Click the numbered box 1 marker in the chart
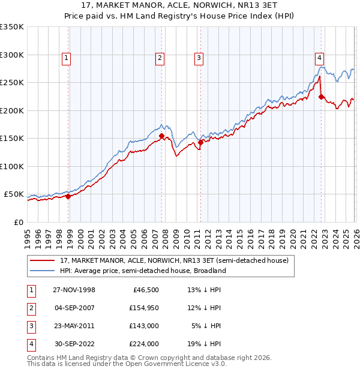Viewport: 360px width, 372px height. click(65, 58)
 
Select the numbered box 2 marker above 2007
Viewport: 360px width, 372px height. click(160, 58)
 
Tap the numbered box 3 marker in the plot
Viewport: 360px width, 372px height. click(198, 58)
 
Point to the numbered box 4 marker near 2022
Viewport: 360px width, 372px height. click(320, 58)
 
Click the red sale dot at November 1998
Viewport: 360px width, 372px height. click(68, 196)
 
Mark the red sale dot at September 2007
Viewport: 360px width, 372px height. click(161, 136)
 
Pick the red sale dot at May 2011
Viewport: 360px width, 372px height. click(201, 142)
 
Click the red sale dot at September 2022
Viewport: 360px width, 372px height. click(322, 97)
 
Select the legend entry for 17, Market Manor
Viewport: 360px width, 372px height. click(174, 260)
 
